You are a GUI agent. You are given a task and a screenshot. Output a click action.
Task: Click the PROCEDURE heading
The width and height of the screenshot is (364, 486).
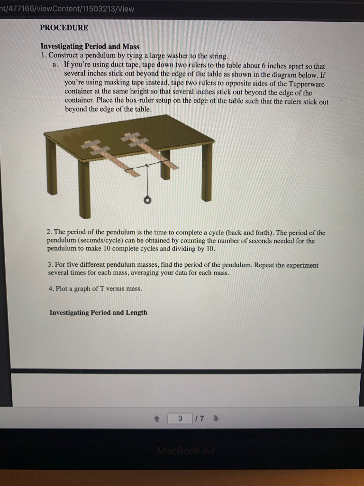click(64, 28)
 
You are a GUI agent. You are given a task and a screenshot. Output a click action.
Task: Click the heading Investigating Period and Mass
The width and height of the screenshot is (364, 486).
click(90, 47)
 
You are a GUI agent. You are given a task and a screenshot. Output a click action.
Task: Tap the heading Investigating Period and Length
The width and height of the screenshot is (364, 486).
click(98, 312)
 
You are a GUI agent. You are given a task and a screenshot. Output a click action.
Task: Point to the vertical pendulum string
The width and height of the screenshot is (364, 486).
click(147, 180)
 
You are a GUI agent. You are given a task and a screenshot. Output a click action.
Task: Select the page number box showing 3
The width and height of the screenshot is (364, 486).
click(180, 419)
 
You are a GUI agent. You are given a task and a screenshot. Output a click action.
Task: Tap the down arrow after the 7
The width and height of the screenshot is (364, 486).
click(216, 419)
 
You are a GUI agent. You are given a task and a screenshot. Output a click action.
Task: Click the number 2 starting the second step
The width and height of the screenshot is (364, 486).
click(49, 233)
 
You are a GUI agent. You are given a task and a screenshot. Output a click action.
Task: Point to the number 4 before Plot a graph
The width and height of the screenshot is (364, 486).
click(51, 289)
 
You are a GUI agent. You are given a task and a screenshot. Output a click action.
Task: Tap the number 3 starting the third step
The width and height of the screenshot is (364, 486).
click(50, 265)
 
